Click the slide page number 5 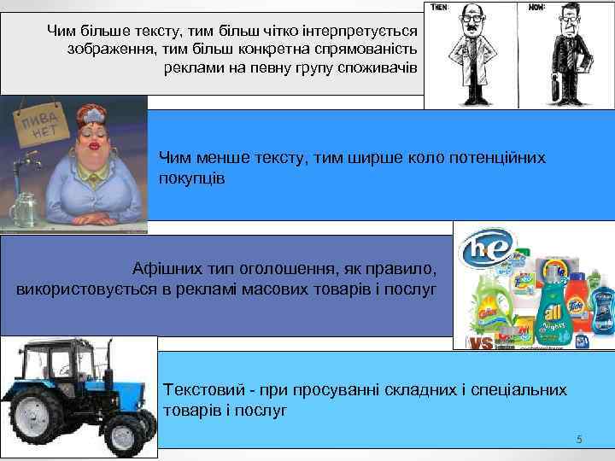[579, 440]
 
